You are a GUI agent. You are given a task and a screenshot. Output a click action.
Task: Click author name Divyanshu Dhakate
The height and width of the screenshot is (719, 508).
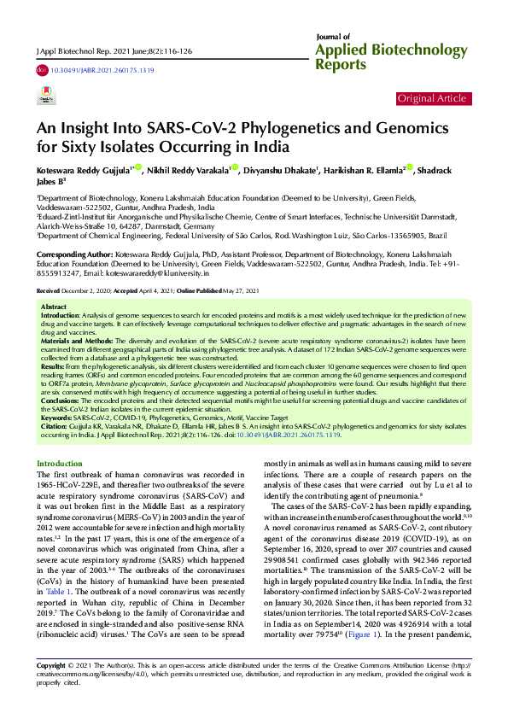[x=280, y=170]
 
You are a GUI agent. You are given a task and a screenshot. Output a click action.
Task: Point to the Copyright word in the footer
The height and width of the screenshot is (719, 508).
[x=52, y=689]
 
